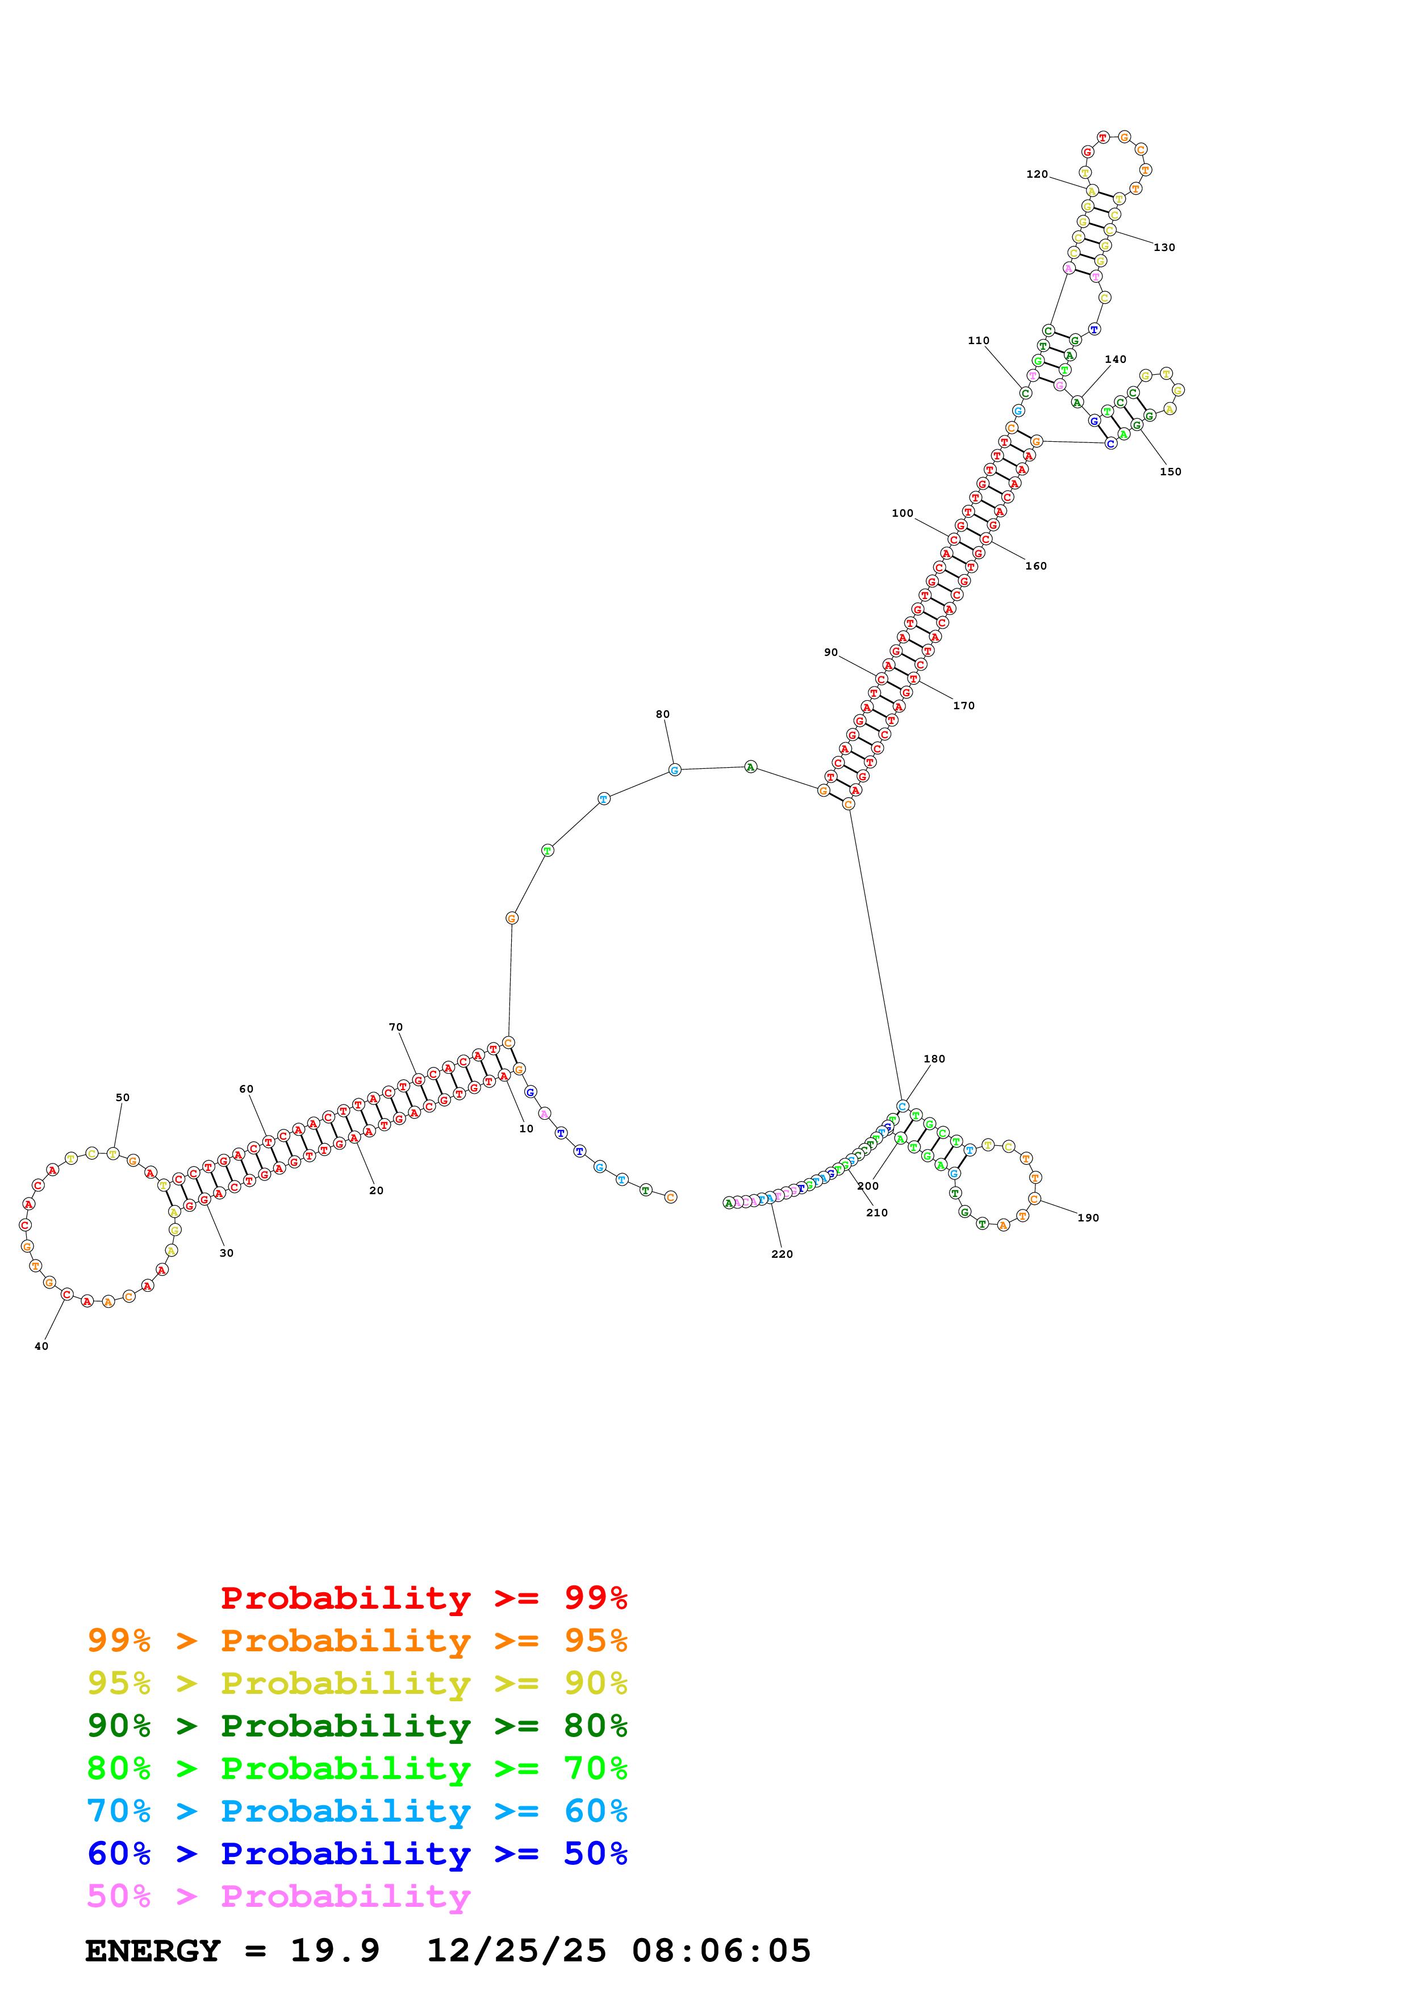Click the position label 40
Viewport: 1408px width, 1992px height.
click(41, 1346)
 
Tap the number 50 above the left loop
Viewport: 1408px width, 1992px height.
click(122, 1098)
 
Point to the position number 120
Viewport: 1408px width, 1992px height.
click(1037, 174)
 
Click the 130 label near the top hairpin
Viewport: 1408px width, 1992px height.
click(1164, 247)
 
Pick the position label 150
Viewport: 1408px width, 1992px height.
click(1170, 472)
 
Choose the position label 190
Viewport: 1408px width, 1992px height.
click(1088, 1218)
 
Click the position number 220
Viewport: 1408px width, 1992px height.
click(782, 1254)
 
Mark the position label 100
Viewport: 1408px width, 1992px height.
click(903, 514)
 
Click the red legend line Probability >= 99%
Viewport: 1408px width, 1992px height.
click(423, 1597)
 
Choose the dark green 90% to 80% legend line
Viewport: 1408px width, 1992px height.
click(357, 1726)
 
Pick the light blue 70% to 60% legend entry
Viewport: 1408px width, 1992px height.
click(357, 1811)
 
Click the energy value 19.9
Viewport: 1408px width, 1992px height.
click(335, 1951)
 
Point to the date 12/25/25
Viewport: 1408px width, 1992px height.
click(516, 1951)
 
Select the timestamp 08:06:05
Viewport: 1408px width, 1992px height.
click(721, 1951)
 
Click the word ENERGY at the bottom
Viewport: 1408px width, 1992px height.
click(153, 1951)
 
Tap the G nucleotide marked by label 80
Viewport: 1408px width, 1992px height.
click(675, 769)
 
